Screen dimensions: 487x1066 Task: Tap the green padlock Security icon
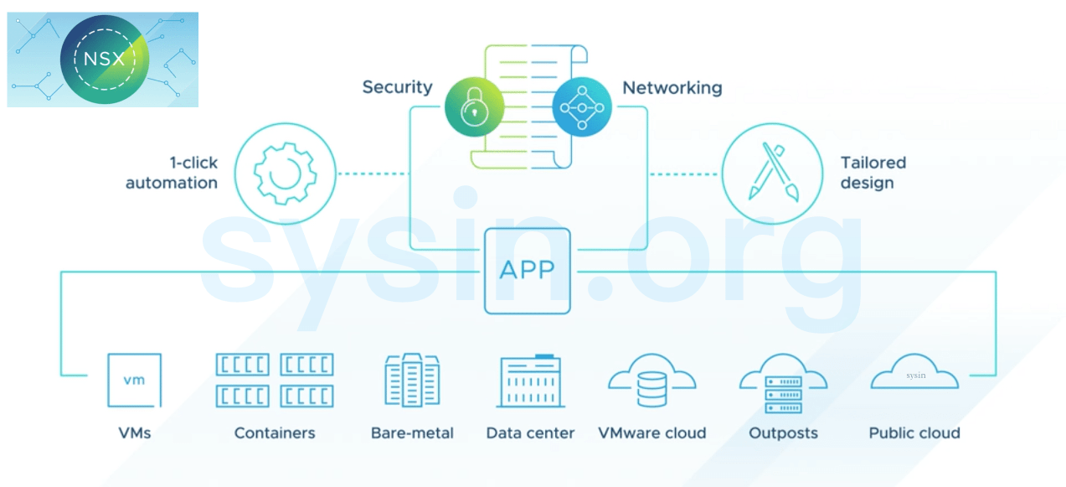pyautogui.click(x=474, y=106)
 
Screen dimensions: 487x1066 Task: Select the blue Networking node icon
pyautogui.click(x=582, y=106)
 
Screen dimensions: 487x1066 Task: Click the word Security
pyautogui.click(x=397, y=87)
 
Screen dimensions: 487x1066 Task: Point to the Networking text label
pyautogui.click(x=672, y=87)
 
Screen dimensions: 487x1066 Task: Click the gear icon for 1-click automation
pyautogui.click(x=285, y=174)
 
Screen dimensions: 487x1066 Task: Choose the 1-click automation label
pyautogui.click(x=172, y=173)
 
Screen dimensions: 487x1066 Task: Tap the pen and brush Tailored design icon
pyautogui.click(x=772, y=174)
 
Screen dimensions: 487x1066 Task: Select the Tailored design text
pyautogui.click(x=873, y=173)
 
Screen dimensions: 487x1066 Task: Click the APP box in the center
pyautogui.click(x=527, y=271)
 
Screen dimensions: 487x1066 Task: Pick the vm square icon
pyautogui.click(x=134, y=380)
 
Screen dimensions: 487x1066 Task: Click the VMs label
pyautogui.click(x=134, y=433)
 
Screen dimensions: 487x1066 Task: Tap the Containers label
pyautogui.click(x=275, y=433)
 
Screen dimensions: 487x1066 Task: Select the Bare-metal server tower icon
pyautogui.click(x=411, y=380)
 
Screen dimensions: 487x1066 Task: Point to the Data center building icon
pyautogui.click(x=531, y=381)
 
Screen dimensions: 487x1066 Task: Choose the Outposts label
pyautogui.click(x=783, y=433)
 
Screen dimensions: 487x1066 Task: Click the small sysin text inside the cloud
pyautogui.click(x=915, y=376)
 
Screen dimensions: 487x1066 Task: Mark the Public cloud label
pyautogui.click(x=914, y=433)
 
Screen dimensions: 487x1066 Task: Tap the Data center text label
pyautogui.click(x=530, y=433)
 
